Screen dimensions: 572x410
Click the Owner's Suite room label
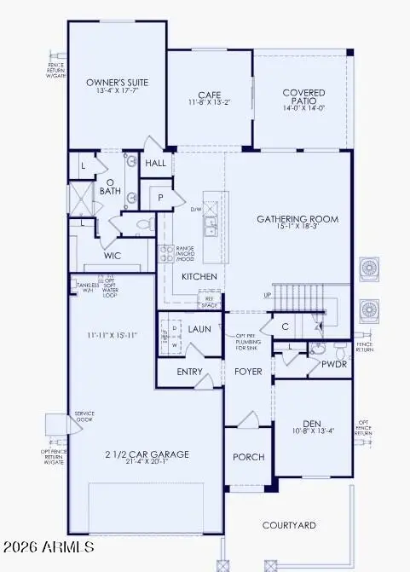(118, 83)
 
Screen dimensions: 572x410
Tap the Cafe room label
(210, 95)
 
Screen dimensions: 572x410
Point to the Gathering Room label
(297, 219)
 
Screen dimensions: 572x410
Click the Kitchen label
(199, 277)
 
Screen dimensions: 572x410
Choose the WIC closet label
(113, 255)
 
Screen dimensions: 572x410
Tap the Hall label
(156, 163)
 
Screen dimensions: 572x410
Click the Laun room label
(200, 328)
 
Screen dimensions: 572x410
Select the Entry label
(189, 372)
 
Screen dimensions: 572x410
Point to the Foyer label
(249, 372)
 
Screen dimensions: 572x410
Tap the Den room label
(315, 423)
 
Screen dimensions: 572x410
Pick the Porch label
(250, 457)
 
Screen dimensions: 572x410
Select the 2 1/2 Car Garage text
(135, 454)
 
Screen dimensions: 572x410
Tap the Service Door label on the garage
(84, 417)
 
